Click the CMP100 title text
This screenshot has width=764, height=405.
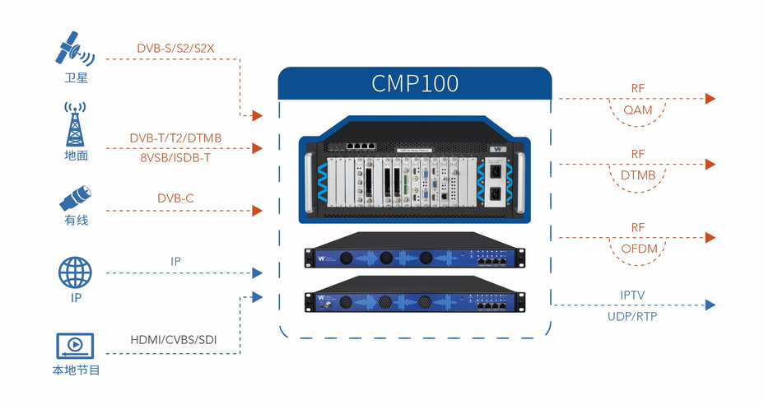click(415, 84)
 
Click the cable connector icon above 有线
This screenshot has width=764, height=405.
click(76, 198)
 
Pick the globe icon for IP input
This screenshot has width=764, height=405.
click(75, 272)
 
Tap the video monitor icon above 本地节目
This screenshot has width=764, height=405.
click(75, 344)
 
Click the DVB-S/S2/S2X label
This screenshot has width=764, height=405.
click(175, 48)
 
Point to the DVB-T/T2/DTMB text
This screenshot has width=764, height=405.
click(175, 137)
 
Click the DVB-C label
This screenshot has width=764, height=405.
click(175, 198)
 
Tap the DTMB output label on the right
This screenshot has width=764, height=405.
click(638, 175)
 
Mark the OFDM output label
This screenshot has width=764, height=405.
click(638, 249)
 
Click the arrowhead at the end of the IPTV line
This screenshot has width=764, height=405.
click(710, 305)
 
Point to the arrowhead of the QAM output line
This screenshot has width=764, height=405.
click(710, 99)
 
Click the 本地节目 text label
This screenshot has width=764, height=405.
click(76, 371)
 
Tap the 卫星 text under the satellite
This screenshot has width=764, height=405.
click(76, 79)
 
